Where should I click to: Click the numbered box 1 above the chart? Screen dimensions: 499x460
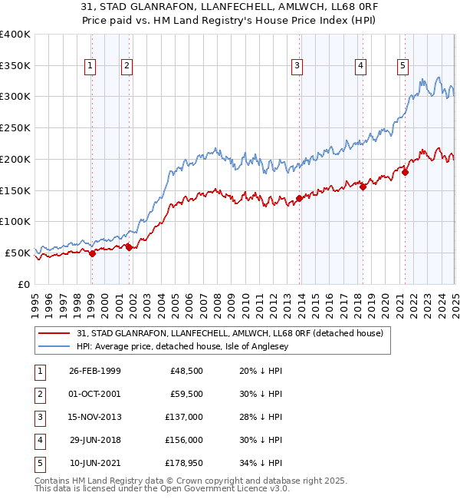tap(90, 66)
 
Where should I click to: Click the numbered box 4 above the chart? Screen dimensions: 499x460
tap(360, 66)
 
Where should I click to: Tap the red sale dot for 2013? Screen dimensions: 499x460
tap(299, 199)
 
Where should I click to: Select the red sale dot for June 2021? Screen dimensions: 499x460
tap(405, 172)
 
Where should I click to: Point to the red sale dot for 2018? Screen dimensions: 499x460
tap(363, 187)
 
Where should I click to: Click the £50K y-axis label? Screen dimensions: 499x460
tap(18, 252)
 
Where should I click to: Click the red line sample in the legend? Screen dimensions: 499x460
tap(54, 332)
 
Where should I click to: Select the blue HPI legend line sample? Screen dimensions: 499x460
tap(54, 346)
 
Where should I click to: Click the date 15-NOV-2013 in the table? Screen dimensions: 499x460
tap(95, 417)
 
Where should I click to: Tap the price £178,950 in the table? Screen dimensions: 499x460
tap(186, 463)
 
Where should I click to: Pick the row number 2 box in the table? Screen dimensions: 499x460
tap(39, 394)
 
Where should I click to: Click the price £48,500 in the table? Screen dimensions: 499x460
tap(186, 371)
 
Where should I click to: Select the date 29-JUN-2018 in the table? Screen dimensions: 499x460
tap(95, 440)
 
